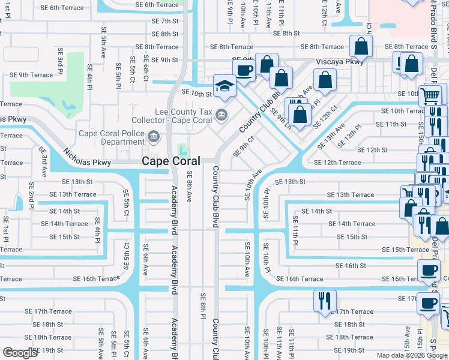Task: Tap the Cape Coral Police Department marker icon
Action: point(154,138)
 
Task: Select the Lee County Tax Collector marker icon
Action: point(221,114)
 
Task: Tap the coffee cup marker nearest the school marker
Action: point(244,69)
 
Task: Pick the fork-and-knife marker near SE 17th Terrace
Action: point(325,299)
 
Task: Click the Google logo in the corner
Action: point(20,353)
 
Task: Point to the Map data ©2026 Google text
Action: point(412,355)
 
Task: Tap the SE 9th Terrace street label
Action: point(31,75)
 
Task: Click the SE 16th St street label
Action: point(350,265)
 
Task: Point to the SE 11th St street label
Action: point(391,124)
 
